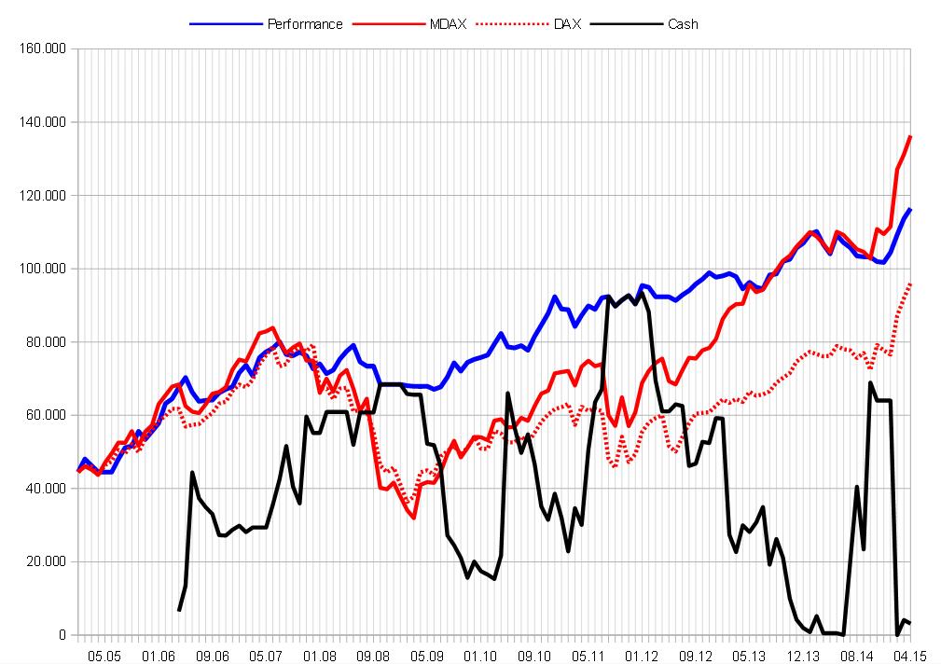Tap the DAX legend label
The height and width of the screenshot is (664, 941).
[x=566, y=24]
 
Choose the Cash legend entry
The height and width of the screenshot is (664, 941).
[x=683, y=24]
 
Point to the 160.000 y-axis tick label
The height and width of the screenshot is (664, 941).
[x=43, y=48]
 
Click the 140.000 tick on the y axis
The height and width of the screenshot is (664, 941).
[x=43, y=122]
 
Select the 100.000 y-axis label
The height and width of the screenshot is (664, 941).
[x=43, y=269]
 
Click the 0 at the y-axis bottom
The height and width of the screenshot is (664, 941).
[x=62, y=635]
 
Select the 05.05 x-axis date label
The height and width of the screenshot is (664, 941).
[x=104, y=656]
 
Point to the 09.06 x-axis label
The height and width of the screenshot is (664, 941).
[x=213, y=656]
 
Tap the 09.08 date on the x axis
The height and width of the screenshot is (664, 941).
[x=373, y=656]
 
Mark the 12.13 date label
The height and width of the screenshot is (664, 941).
[x=804, y=656]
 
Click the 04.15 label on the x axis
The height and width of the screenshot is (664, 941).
[x=909, y=656]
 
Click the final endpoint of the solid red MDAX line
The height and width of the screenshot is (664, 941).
[x=910, y=136]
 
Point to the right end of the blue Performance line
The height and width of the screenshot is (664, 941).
[x=910, y=210]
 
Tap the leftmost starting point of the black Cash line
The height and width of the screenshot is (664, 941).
[x=179, y=610]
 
